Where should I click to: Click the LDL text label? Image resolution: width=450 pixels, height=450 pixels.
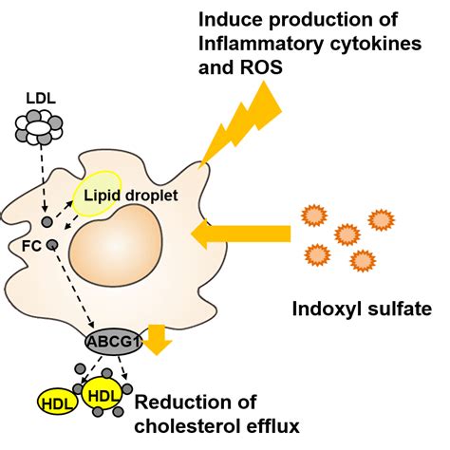pyautogui.click(x=40, y=97)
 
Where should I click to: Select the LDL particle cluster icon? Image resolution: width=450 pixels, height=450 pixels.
pyautogui.click(x=39, y=127)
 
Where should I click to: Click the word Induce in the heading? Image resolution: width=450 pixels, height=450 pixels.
pyautogui.click(x=228, y=18)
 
